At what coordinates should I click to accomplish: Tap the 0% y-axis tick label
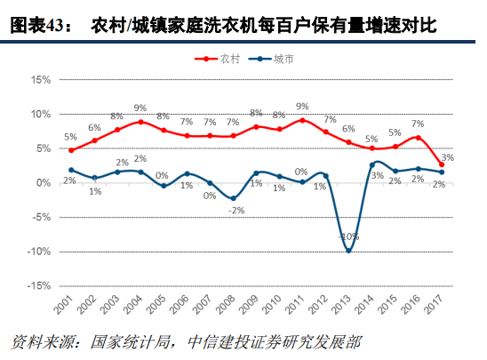click(x=42, y=183)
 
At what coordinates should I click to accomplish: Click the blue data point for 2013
click(x=349, y=252)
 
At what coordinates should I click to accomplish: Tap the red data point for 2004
click(x=140, y=121)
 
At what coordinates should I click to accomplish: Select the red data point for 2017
click(x=442, y=164)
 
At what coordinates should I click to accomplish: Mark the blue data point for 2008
click(x=233, y=199)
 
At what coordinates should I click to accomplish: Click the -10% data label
click(x=349, y=237)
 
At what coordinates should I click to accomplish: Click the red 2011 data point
click(x=302, y=120)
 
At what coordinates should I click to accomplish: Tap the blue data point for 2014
click(x=372, y=164)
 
